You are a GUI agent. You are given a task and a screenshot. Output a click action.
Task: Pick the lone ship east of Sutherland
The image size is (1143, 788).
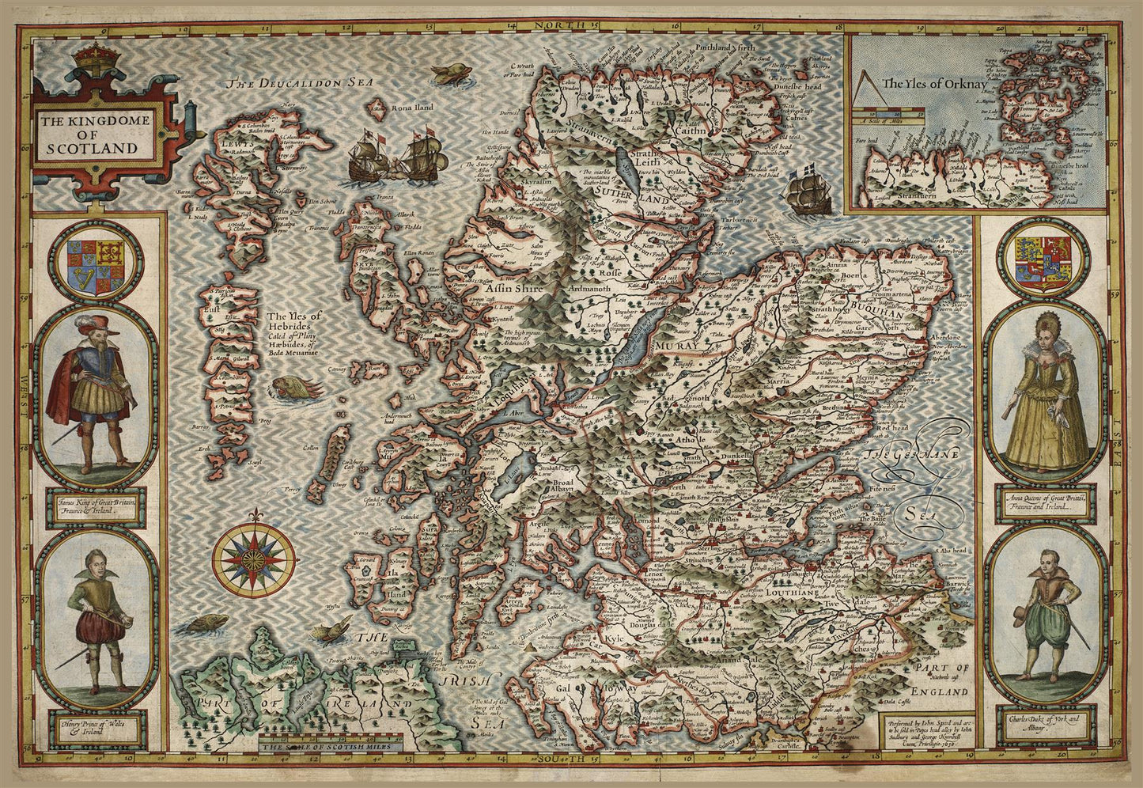(808, 190)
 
